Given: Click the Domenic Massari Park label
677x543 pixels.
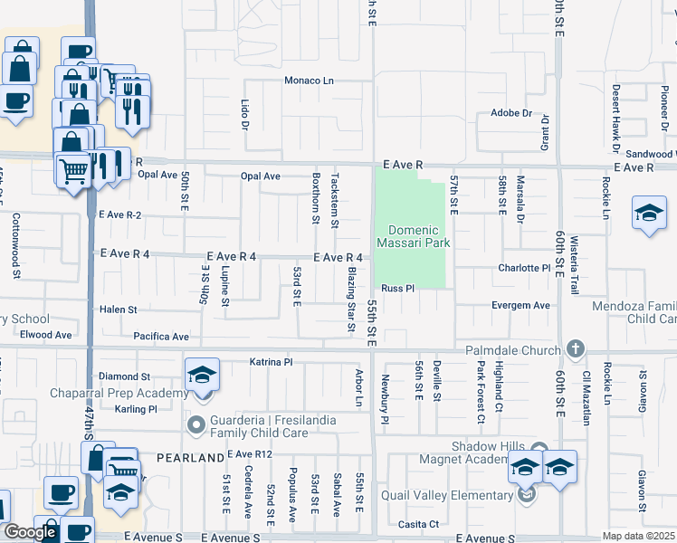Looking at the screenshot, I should [419, 236].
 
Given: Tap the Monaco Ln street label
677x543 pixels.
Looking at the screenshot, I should [310, 81].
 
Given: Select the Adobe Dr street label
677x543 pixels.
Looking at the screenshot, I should [511, 113].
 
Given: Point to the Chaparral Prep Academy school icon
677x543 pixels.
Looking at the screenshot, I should [202, 374].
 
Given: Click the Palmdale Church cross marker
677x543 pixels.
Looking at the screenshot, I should [575, 349].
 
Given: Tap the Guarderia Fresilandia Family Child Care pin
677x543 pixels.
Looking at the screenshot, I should [195, 424].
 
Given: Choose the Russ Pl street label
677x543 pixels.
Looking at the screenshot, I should [397, 288].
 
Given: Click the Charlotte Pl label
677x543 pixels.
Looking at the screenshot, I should [524, 268].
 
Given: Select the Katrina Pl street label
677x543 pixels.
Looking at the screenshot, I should [272, 362].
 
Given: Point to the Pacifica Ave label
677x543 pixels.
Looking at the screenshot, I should [161, 337].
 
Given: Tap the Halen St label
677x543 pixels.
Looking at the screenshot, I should [118, 310].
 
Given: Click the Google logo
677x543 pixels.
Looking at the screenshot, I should [30, 532].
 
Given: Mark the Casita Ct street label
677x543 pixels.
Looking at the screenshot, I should [420, 524].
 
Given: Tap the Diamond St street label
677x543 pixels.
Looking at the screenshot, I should [124, 376].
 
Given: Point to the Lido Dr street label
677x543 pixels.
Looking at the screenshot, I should [244, 113].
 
